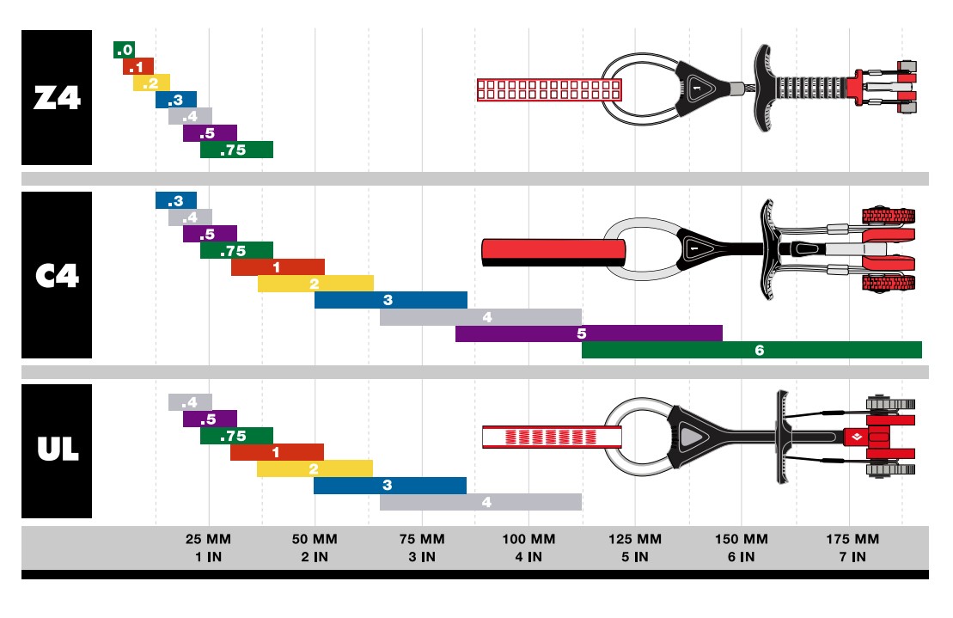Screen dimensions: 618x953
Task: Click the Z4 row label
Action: point(57,98)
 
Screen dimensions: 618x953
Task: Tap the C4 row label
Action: point(57,275)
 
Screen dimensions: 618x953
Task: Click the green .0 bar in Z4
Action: point(125,50)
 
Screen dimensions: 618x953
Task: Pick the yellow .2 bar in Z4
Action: point(151,83)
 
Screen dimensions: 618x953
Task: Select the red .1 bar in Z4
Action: point(137,66)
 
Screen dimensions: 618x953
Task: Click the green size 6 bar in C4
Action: point(751,350)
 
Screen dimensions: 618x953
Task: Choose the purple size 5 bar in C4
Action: point(589,333)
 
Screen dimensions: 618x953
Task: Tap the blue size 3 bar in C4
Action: point(391,300)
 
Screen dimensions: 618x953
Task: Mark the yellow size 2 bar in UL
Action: point(315,468)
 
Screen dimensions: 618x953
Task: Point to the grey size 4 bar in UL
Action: point(480,502)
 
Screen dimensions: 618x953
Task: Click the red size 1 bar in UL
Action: point(277,452)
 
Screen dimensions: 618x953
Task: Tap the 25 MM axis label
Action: point(209,540)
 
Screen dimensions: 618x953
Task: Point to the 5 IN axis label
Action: point(635,557)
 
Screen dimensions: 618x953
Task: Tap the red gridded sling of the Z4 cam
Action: point(549,89)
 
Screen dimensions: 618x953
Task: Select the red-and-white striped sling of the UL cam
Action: point(552,437)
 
